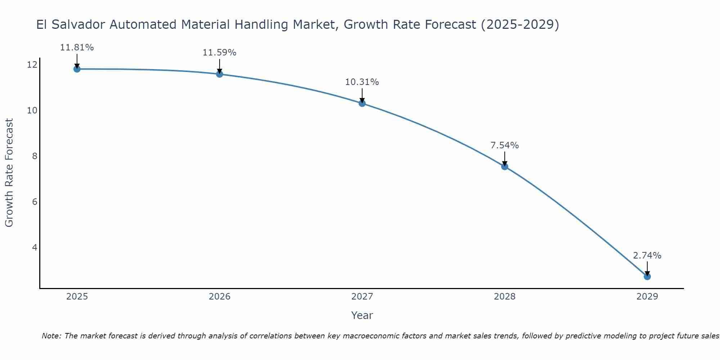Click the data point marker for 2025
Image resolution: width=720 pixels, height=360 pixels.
(x=77, y=69)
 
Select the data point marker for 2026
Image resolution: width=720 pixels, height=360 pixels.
(x=219, y=74)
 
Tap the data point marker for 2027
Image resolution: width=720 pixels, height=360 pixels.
(x=362, y=103)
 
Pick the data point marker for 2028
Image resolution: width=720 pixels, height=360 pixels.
(x=504, y=166)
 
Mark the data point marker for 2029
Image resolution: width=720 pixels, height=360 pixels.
(x=647, y=276)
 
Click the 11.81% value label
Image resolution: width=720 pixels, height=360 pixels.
(x=77, y=48)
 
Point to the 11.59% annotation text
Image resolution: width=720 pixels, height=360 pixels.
(x=219, y=53)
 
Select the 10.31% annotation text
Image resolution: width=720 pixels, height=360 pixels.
(x=362, y=82)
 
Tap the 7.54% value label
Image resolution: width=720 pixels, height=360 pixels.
(x=504, y=145)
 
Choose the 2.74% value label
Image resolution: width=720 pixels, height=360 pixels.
(x=647, y=256)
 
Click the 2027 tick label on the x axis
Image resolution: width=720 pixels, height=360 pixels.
(x=362, y=297)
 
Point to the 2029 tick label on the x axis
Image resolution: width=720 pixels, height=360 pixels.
(x=647, y=297)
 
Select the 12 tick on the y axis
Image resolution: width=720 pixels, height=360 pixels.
(x=32, y=65)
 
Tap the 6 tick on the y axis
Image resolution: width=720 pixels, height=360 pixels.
(x=35, y=202)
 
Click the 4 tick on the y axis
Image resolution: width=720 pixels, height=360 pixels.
(x=35, y=247)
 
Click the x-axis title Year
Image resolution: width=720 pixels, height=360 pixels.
(x=362, y=315)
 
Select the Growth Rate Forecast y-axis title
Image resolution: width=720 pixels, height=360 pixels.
(x=9, y=173)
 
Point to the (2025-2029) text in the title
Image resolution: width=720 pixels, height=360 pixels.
(x=519, y=25)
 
